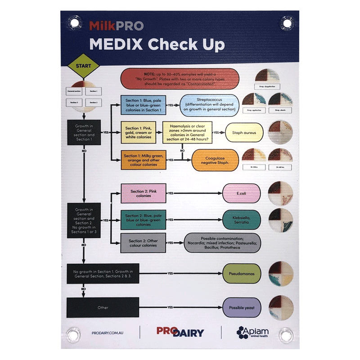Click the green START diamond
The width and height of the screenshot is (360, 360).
pyautogui.click(x=83, y=66)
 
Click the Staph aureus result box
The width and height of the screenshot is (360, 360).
pyautogui.click(x=244, y=133)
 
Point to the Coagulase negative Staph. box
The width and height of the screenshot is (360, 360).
pyautogui.click(x=215, y=160)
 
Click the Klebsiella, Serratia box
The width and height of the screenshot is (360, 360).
pyautogui.click(x=242, y=220)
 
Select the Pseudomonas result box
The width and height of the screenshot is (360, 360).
pyautogui.click(x=242, y=273)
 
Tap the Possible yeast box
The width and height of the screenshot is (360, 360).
pyautogui.click(x=242, y=308)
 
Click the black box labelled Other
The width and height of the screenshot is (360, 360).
pyautogui.click(x=102, y=308)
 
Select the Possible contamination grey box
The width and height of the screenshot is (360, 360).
pyautogui.click(x=222, y=243)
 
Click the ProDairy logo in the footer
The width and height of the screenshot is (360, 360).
pyautogui.click(x=180, y=332)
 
